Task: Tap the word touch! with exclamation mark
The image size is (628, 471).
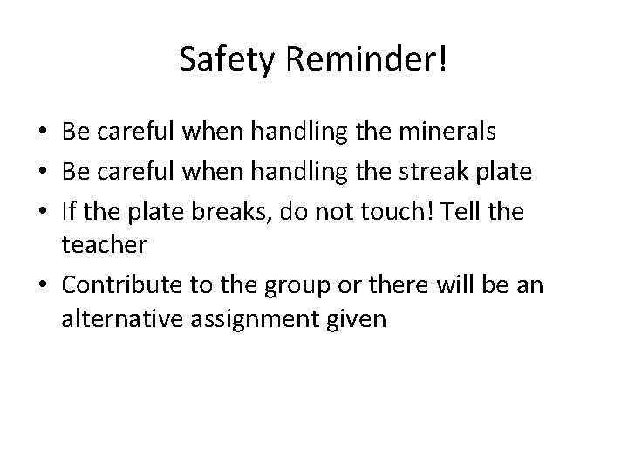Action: (x=391, y=210)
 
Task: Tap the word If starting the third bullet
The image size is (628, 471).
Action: (x=70, y=210)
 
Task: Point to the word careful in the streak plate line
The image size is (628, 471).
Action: (x=132, y=172)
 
